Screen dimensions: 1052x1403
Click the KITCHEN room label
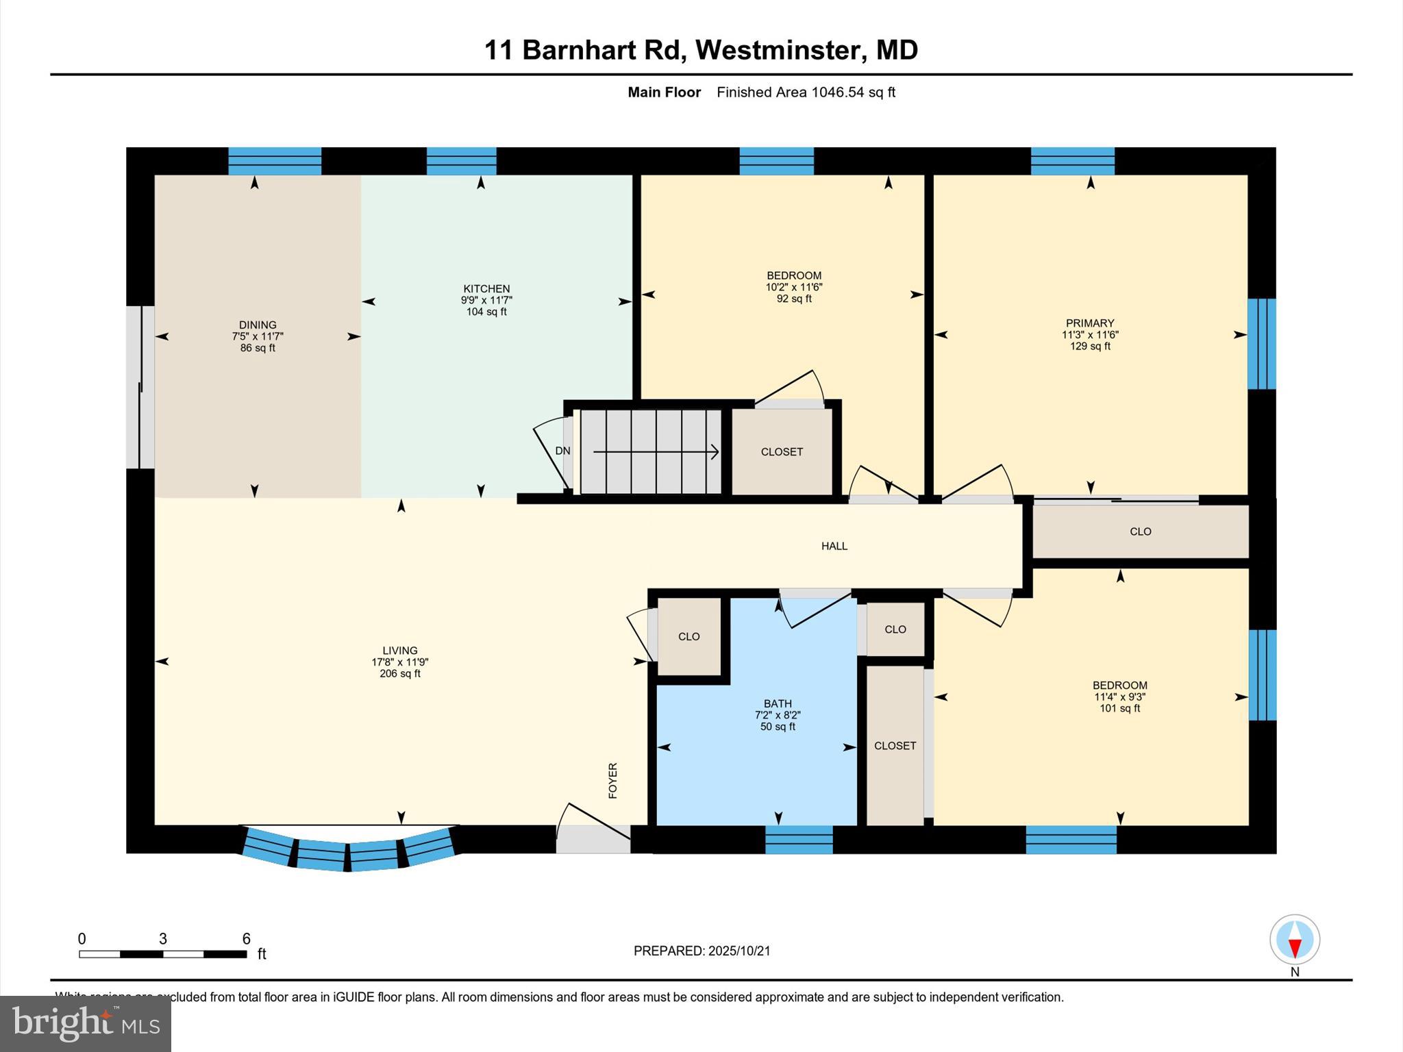click(486, 289)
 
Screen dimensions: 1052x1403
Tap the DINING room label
click(258, 325)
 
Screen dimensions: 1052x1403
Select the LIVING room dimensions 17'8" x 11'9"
click(400, 662)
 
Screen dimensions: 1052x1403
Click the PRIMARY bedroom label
click(1090, 323)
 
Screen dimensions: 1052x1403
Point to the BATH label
click(778, 703)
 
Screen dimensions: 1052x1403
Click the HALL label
click(834, 546)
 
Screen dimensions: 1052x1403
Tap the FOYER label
click(613, 780)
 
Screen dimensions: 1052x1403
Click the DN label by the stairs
click(562, 451)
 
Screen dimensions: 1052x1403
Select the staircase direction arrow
click(656, 452)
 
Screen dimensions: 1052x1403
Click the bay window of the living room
click(348, 851)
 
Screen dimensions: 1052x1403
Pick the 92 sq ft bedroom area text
click(794, 299)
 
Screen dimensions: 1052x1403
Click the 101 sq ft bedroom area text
click(1119, 709)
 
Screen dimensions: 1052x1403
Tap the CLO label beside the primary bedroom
click(1141, 531)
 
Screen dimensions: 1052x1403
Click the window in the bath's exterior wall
click(799, 840)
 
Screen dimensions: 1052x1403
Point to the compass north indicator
click(1294, 940)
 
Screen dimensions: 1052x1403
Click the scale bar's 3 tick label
click(163, 939)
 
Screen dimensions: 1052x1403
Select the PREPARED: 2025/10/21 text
click(701, 951)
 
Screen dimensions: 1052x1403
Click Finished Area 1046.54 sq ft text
click(806, 92)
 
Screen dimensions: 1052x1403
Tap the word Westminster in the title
click(779, 50)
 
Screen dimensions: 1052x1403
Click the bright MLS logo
click(86, 1023)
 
